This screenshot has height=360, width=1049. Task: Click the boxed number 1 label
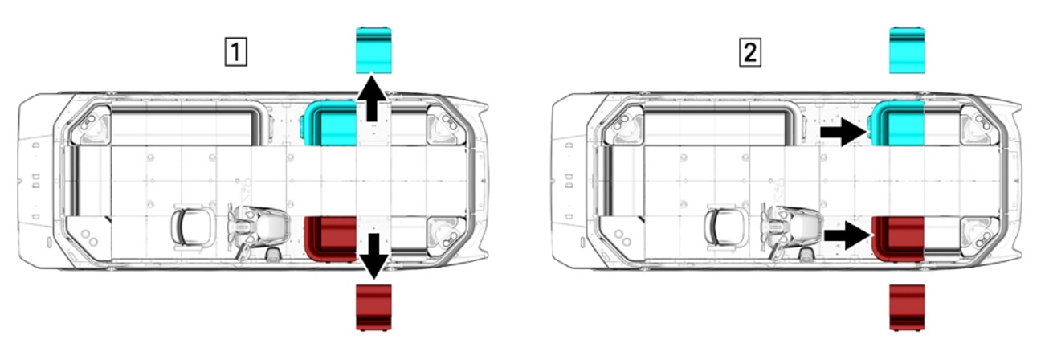click(x=235, y=53)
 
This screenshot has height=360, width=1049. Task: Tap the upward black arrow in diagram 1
click(x=372, y=99)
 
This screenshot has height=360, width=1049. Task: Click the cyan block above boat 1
click(x=373, y=49)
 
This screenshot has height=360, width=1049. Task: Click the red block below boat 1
click(x=373, y=306)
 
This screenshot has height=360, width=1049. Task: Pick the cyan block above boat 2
click(x=908, y=49)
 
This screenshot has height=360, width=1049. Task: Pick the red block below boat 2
click(x=908, y=306)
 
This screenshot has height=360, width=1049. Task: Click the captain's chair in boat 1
click(x=193, y=227)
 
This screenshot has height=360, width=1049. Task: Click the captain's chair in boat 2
click(x=727, y=227)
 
